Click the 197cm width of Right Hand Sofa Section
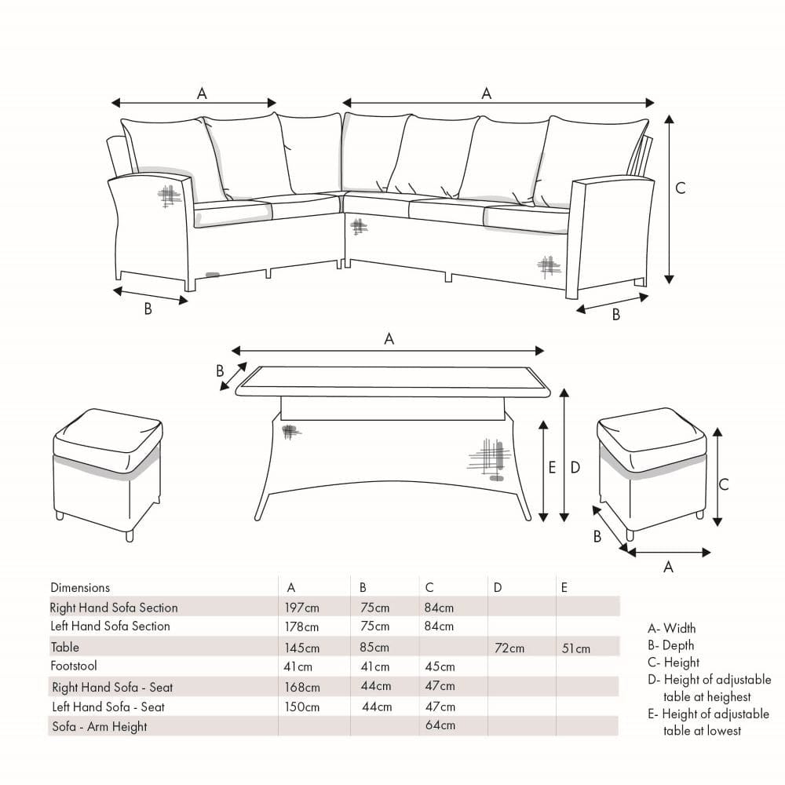click(x=302, y=608)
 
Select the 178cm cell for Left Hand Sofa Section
click(x=301, y=626)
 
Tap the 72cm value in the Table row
click(x=509, y=648)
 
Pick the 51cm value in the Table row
click(x=575, y=649)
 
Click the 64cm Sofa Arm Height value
click(x=440, y=725)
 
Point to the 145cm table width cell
click(x=302, y=648)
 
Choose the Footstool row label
click(x=74, y=666)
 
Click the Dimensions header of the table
click(x=80, y=588)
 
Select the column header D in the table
click(x=497, y=588)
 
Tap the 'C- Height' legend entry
click(x=674, y=663)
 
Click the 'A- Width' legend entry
click(x=671, y=628)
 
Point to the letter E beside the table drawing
click(x=552, y=468)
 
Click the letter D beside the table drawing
click(x=575, y=468)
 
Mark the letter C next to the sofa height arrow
click(x=681, y=188)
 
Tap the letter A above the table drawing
click(x=389, y=339)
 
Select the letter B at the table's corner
click(x=220, y=371)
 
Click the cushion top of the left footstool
click(x=107, y=433)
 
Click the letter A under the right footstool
click(x=668, y=567)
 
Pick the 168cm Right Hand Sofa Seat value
click(x=302, y=688)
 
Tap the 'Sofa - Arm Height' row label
click(x=100, y=726)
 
